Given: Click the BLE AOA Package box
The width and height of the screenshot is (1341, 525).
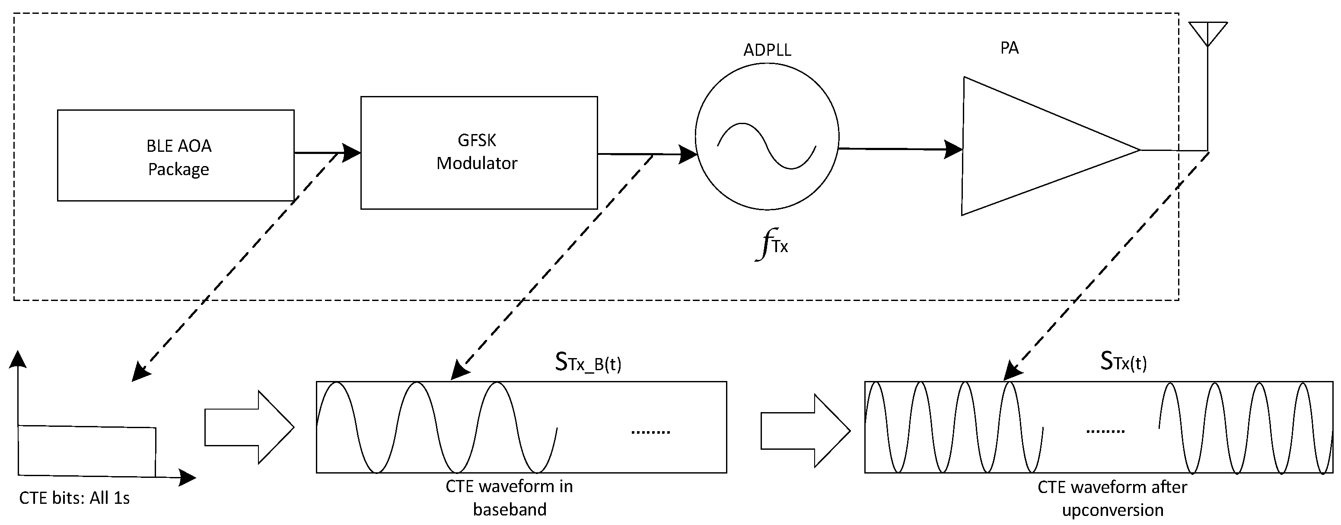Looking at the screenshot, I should pyautogui.click(x=175, y=155).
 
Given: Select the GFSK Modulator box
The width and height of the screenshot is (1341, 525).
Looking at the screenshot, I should pyautogui.click(x=478, y=153).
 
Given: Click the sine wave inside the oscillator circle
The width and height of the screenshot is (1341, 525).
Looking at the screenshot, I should pyautogui.click(x=766, y=146).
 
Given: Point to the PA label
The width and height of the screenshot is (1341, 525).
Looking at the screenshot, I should pyautogui.click(x=1009, y=48).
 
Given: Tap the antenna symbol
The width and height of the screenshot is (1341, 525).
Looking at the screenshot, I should pyautogui.click(x=1208, y=34).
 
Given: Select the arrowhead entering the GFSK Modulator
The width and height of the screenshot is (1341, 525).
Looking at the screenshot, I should pyautogui.click(x=352, y=153).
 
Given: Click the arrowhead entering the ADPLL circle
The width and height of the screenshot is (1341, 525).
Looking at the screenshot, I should pyautogui.click(x=688, y=154).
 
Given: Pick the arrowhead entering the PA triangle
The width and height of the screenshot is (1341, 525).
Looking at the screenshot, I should pyautogui.click(x=954, y=150).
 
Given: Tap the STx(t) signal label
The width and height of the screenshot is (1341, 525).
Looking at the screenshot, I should pyautogui.click(x=1123, y=362).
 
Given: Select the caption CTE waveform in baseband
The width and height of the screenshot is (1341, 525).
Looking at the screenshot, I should pyautogui.click(x=509, y=497).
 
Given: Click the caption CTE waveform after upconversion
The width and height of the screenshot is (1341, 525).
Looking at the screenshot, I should pyautogui.click(x=1112, y=499).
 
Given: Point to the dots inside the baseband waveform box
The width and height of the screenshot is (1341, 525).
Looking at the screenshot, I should pyautogui.click(x=650, y=432).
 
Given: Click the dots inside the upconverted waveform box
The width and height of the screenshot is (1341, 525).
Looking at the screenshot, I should pyautogui.click(x=1105, y=431).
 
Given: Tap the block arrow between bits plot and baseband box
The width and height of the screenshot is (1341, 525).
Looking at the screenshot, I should pyautogui.click(x=249, y=427).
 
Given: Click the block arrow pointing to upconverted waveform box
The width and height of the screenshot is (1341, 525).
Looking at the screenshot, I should pyautogui.click(x=805, y=430).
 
